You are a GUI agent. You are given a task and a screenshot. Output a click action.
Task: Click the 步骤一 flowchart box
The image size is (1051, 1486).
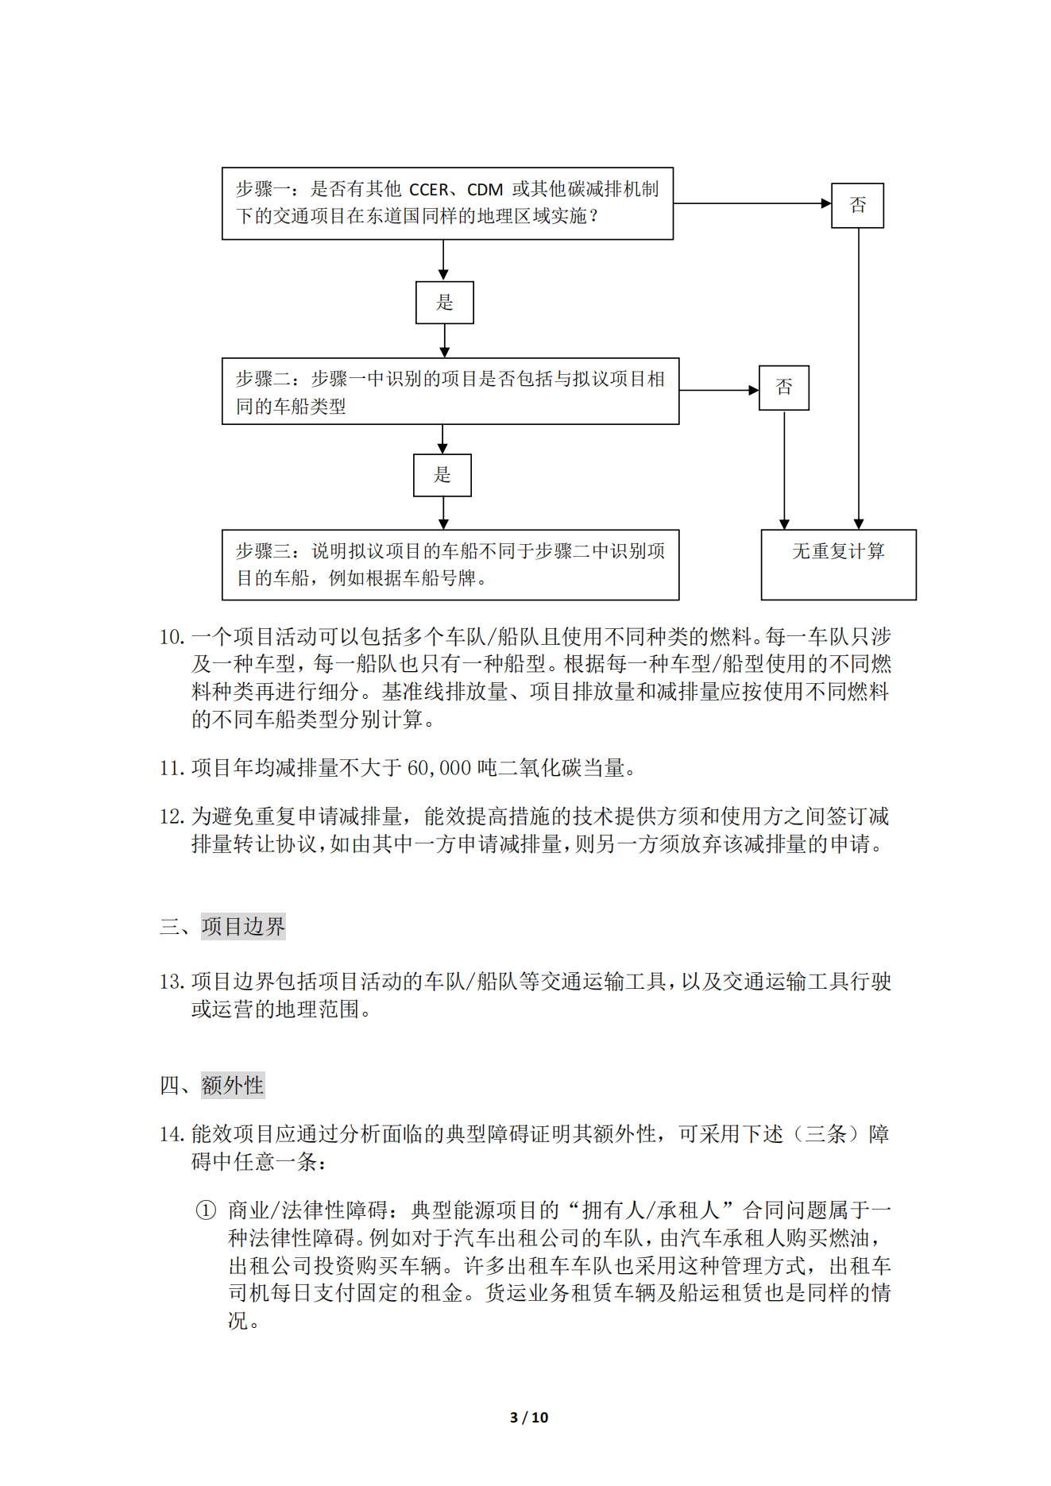pos(447,203)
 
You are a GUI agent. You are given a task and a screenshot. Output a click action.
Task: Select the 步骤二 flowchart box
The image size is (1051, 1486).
pos(450,392)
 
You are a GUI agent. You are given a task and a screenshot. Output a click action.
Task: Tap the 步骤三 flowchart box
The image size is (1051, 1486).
pos(450,565)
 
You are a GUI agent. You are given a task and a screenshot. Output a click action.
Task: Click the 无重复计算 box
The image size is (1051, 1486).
pos(838,565)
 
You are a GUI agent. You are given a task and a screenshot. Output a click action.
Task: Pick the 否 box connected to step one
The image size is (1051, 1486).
pos(857,206)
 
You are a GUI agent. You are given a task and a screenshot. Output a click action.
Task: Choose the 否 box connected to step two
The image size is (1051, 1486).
pos(783,388)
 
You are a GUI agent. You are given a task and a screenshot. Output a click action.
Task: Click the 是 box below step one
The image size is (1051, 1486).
pos(444,303)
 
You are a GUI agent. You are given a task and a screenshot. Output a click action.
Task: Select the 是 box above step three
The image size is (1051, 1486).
pos(442,475)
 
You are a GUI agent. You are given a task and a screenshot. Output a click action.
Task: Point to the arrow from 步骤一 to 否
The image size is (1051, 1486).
pos(751,203)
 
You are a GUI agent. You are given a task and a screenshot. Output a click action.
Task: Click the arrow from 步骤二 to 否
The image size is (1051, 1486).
pos(718,390)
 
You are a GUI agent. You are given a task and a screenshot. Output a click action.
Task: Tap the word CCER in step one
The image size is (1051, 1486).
pos(429,190)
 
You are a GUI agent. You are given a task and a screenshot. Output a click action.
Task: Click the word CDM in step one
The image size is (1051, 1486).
pos(485,190)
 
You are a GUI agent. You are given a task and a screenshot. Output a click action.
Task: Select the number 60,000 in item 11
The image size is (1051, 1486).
pos(439,768)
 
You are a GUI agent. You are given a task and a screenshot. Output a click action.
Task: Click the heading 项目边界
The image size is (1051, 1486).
pos(243,926)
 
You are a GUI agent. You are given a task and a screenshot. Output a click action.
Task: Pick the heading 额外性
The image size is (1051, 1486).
pos(232,1085)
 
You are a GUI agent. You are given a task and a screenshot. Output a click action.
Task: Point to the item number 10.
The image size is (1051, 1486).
pos(171,637)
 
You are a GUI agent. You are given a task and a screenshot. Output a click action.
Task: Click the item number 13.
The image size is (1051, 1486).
pos(171,982)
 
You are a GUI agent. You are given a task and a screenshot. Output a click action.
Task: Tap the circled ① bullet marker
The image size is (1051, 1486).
pos(206,1210)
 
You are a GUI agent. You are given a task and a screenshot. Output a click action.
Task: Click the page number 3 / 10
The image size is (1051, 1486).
pos(528,1417)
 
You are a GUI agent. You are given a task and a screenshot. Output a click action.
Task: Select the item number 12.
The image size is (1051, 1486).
pos(171,816)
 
